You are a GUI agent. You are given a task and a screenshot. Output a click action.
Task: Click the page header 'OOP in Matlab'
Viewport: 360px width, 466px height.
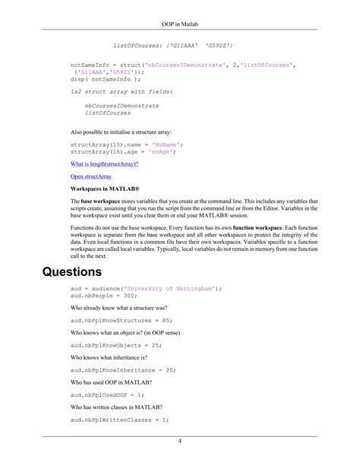pos(180,15)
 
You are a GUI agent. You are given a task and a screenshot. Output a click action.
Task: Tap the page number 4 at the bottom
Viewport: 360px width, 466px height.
pos(180,441)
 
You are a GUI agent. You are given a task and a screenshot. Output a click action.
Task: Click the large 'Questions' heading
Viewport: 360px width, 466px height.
pos(72,271)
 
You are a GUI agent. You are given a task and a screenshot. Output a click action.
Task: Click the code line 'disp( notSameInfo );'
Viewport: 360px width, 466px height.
pos(105,78)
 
